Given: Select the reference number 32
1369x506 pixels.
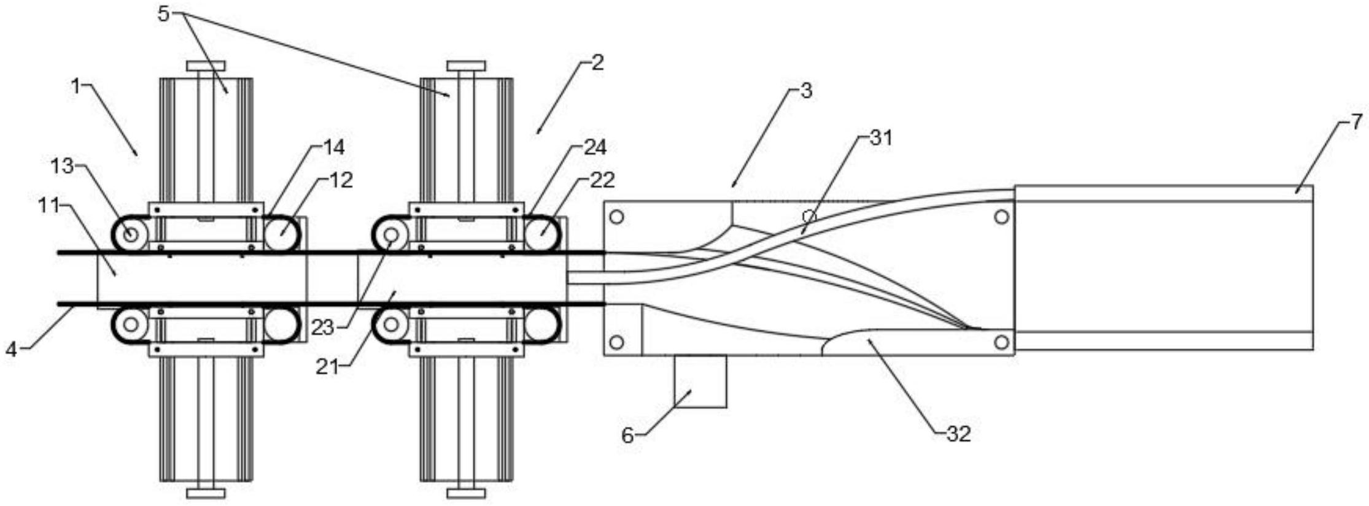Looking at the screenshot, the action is coord(959,434).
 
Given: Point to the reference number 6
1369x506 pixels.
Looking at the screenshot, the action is coord(627,435).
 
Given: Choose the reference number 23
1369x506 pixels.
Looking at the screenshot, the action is coord(322,328).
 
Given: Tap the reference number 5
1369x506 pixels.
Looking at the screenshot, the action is coord(163,13).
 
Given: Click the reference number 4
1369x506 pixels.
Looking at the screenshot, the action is coord(11,350).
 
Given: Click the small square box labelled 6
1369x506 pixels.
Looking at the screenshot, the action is coord(700,381).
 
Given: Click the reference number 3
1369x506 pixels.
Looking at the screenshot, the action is coord(806,91).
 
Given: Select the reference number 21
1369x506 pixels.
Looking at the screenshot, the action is coord(327,367).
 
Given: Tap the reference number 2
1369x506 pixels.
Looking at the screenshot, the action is coord(597,63).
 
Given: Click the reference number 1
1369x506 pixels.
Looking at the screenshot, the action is coord(76,86).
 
